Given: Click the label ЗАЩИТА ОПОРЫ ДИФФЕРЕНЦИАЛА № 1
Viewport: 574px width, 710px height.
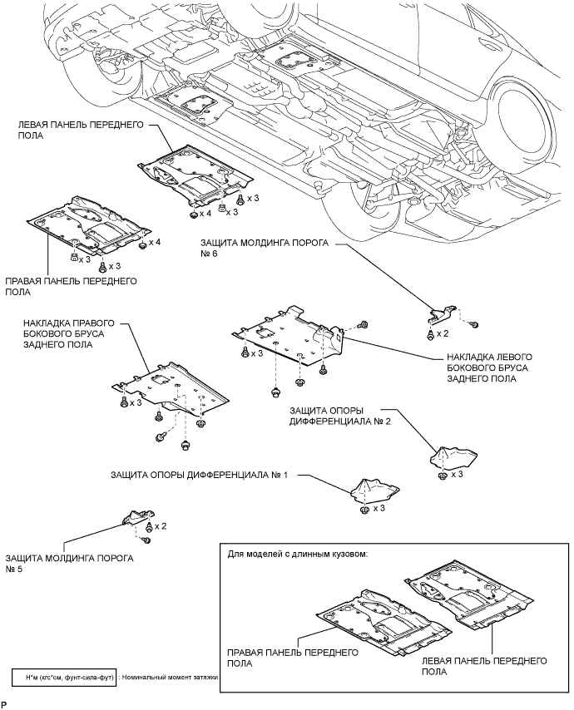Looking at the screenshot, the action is point(199,476).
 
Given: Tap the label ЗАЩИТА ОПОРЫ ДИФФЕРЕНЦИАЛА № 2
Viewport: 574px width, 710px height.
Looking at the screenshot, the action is point(339,416).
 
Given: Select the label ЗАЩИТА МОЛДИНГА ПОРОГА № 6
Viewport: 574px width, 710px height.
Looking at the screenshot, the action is point(264,248).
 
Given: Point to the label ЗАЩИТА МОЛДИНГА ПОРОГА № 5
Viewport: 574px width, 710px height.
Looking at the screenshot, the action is point(69,563).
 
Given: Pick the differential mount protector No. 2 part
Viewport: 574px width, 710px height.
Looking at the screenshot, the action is point(453,459).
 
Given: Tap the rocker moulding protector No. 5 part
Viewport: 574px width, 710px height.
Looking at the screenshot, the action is point(138,515).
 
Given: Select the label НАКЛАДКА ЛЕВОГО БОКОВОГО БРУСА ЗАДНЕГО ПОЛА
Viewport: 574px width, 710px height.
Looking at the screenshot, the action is point(489,367).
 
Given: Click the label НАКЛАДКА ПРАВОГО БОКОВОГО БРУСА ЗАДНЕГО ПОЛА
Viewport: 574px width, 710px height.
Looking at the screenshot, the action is point(69,333).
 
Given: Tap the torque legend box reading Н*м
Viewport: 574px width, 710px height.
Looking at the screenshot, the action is point(64,678).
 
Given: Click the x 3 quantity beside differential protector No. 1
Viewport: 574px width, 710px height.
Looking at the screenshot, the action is point(379,509).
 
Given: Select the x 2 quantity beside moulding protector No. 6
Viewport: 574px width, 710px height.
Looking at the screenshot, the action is point(443,333).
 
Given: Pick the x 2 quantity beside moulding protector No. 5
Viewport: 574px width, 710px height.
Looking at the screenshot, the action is point(161,526).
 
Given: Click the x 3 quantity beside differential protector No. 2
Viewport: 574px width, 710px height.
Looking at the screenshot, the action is point(457,475).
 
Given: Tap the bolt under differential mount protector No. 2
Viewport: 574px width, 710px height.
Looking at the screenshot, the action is point(441,476).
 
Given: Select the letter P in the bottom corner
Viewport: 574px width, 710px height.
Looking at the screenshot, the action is point(4,703).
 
